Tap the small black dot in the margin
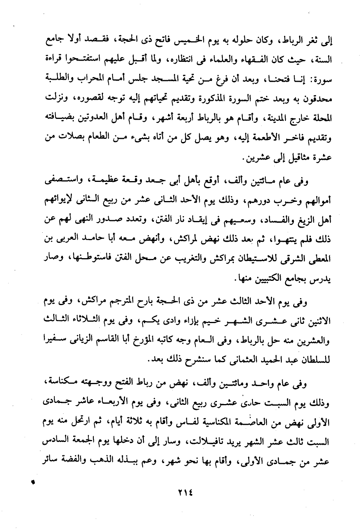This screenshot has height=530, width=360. click(34, 483)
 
